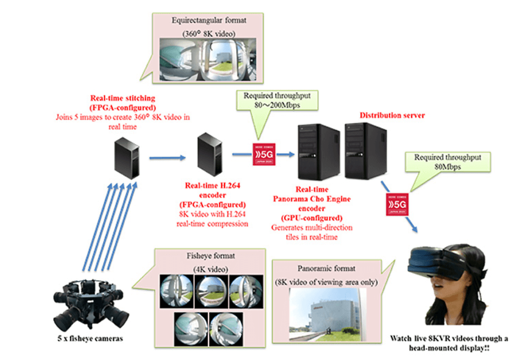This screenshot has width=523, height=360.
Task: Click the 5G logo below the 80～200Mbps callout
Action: pyautogui.click(x=263, y=150)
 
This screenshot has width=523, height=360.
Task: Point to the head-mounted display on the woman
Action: pyautogui.click(x=441, y=266)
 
